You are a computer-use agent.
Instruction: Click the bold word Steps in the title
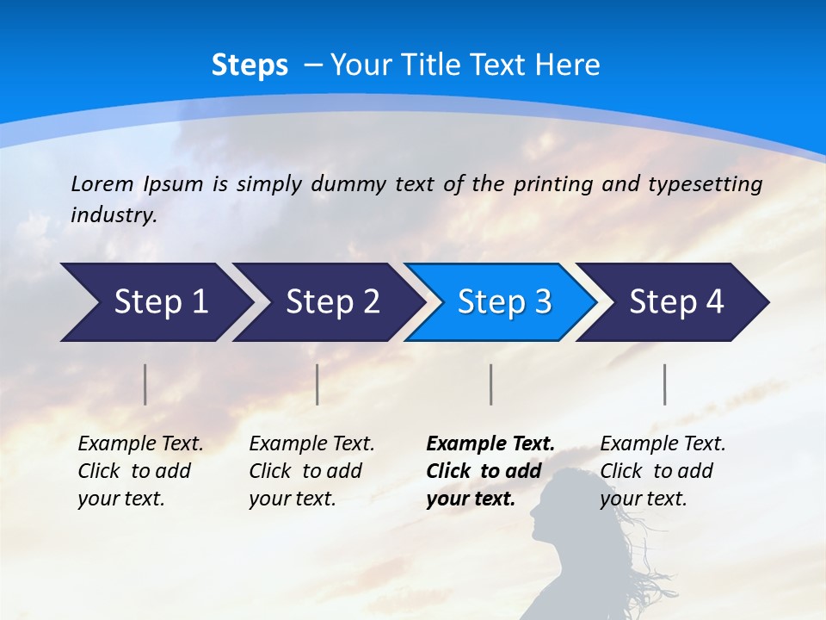tap(250, 65)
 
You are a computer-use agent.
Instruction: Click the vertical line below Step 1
tap(145, 384)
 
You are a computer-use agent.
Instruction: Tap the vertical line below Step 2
tap(317, 384)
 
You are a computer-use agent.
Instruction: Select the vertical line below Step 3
tap(491, 384)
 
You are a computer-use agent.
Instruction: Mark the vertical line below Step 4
tap(665, 384)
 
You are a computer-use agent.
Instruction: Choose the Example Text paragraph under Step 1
tap(140, 471)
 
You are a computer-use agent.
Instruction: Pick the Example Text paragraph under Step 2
tap(311, 471)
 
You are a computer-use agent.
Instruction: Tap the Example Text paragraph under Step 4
tap(663, 471)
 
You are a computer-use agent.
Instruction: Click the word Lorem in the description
tap(102, 183)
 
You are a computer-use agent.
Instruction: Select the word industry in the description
tap(112, 215)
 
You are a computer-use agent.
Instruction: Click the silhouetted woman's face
tap(548, 512)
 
